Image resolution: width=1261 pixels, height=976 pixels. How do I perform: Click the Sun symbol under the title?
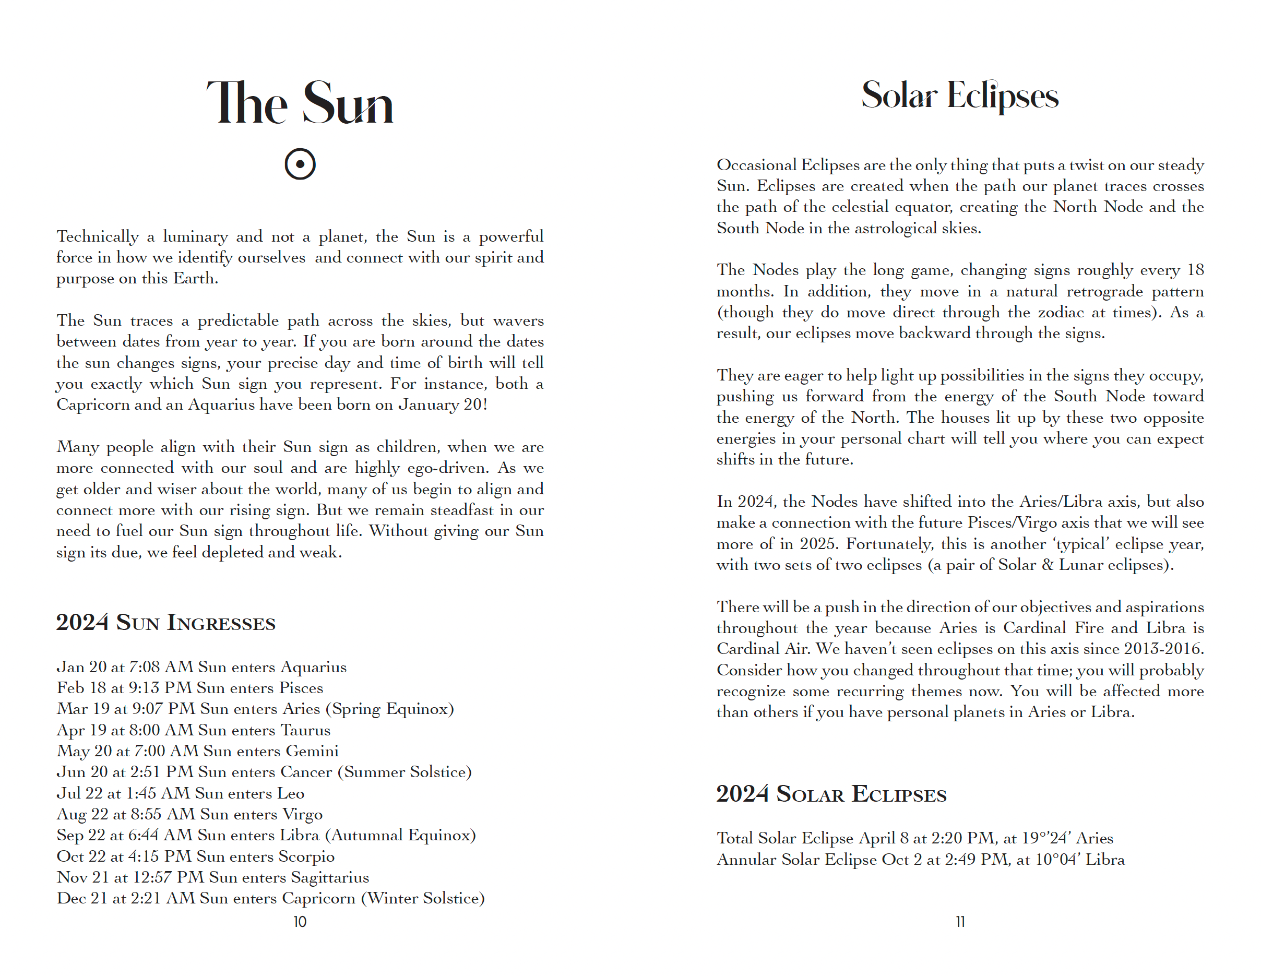click(x=300, y=164)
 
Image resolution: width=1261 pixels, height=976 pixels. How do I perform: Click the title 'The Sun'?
click(x=300, y=103)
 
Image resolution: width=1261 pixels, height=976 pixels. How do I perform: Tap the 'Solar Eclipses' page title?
click(x=960, y=96)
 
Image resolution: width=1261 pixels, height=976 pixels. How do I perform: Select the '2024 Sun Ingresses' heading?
click(x=165, y=623)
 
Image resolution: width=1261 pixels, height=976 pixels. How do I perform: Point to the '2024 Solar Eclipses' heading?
click(x=831, y=794)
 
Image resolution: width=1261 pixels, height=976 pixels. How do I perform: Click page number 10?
click(x=300, y=922)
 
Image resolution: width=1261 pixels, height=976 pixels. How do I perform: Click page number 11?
click(x=960, y=922)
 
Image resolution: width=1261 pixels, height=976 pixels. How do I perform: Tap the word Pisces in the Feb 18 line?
click(x=301, y=688)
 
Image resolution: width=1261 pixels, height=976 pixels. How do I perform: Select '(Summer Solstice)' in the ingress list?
click(x=404, y=772)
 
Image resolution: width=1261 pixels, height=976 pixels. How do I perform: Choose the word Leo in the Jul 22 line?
click(x=290, y=793)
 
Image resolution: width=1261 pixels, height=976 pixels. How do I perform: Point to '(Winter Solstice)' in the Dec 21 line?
click(x=423, y=899)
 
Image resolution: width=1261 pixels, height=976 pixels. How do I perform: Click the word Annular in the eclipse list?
click(x=746, y=859)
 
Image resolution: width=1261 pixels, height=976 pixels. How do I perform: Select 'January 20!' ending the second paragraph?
click(x=443, y=404)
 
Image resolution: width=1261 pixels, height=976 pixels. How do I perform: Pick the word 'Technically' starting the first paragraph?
click(x=98, y=236)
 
